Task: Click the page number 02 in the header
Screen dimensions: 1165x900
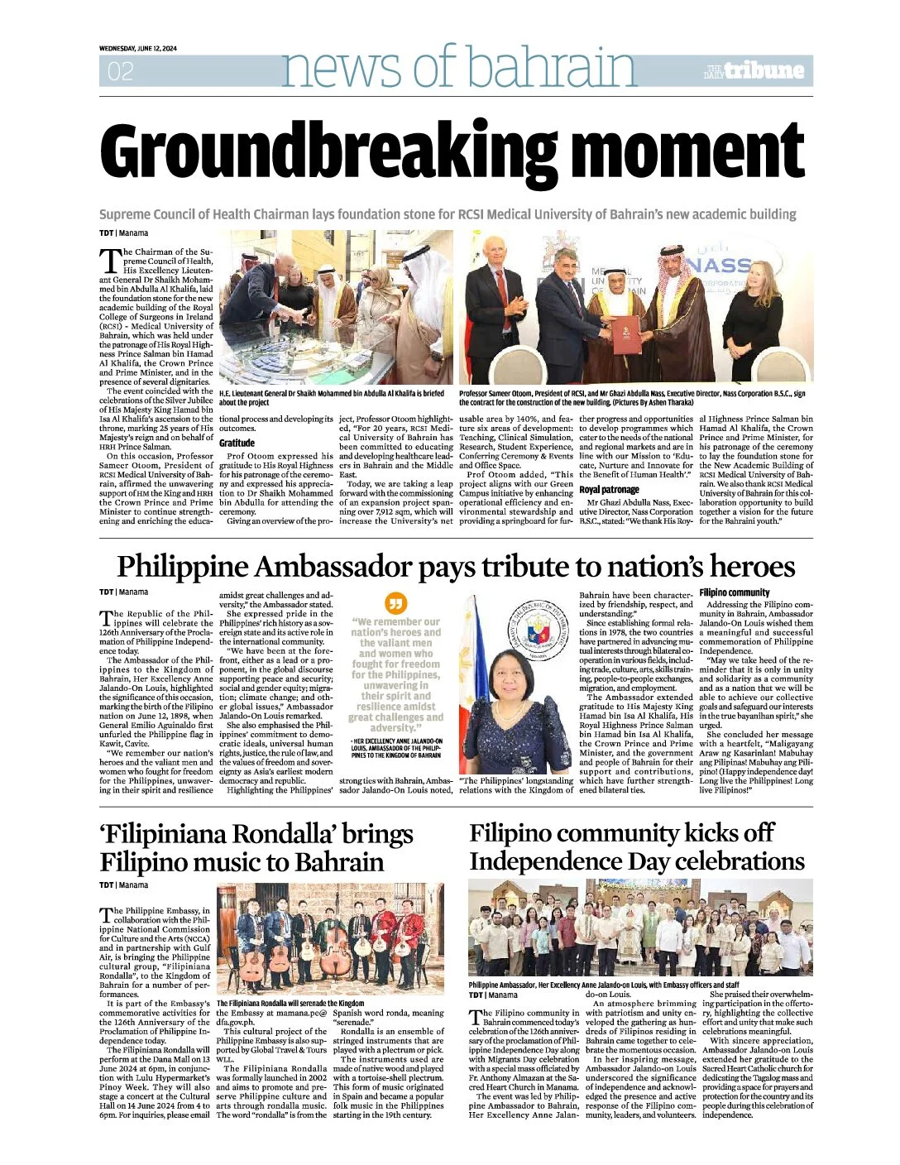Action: click(120, 72)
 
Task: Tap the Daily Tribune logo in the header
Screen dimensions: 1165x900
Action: click(754, 70)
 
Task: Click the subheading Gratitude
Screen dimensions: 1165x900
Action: click(237, 443)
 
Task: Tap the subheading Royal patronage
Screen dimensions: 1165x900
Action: click(610, 490)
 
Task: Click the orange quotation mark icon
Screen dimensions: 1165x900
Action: click(397, 604)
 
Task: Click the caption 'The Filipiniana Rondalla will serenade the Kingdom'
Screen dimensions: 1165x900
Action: click(290, 1003)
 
